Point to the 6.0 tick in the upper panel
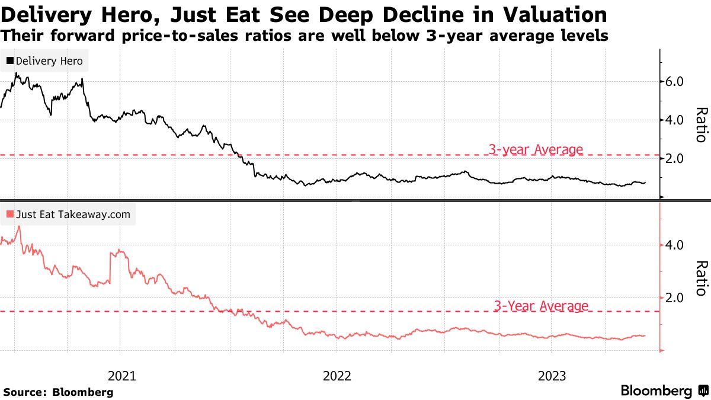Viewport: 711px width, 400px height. (675, 81)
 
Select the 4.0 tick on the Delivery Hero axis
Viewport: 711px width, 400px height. (675, 120)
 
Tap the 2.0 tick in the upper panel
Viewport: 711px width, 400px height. (675, 158)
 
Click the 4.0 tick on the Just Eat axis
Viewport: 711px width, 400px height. (675, 245)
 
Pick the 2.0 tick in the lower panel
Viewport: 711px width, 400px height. (675, 297)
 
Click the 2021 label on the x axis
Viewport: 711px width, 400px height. (121, 376)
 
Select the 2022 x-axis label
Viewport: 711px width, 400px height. (337, 376)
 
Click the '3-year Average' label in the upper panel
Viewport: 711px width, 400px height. (536, 149)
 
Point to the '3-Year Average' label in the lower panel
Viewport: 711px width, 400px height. (540, 306)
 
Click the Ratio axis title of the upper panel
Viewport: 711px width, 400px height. (701, 124)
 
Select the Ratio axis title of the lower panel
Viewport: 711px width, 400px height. (701, 278)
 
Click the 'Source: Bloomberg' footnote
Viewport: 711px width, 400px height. (58, 392)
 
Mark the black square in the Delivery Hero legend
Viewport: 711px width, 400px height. (10, 60)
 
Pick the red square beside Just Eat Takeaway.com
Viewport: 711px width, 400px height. (10, 215)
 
